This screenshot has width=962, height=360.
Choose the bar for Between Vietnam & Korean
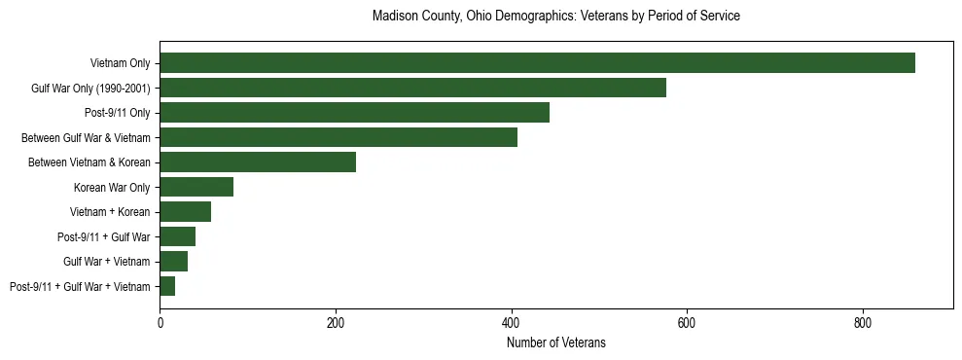(x=258, y=162)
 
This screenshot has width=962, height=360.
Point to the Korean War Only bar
(x=196, y=187)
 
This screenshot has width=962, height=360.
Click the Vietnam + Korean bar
(x=185, y=212)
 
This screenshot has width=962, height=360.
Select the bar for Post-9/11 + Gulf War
(x=177, y=236)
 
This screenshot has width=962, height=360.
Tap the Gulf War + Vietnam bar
(x=173, y=262)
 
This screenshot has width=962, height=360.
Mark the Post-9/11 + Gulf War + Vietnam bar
(x=167, y=286)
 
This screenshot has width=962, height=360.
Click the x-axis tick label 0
(x=160, y=322)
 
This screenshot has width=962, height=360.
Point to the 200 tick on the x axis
(x=336, y=322)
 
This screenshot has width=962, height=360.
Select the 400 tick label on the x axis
(x=511, y=322)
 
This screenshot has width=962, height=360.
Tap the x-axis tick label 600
(x=687, y=322)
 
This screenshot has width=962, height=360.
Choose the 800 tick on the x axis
(x=862, y=322)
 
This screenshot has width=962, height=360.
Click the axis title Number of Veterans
(x=555, y=342)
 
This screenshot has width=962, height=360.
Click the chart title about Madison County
(x=555, y=17)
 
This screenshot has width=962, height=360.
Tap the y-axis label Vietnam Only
(x=120, y=64)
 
